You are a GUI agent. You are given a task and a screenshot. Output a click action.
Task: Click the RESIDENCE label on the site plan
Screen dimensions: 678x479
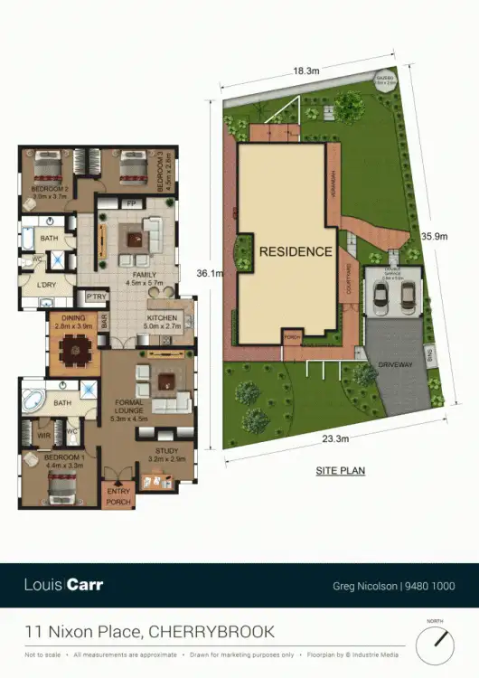[x=296, y=251]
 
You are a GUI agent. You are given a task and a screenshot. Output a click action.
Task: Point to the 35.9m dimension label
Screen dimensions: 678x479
[x=435, y=236]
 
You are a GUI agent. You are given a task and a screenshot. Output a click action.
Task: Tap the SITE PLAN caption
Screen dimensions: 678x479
[x=340, y=471]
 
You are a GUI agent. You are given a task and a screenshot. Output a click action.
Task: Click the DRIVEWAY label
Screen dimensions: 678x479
[x=396, y=364]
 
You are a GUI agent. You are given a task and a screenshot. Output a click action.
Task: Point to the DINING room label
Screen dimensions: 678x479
[x=73, y=317]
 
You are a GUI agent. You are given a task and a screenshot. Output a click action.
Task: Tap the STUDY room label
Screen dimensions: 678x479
[x=166, y=451]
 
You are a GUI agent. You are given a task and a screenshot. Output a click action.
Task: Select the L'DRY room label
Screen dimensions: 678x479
[x=47, y=286]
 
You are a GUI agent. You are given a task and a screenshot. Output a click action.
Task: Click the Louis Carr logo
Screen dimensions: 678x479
[x=63, y=585]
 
